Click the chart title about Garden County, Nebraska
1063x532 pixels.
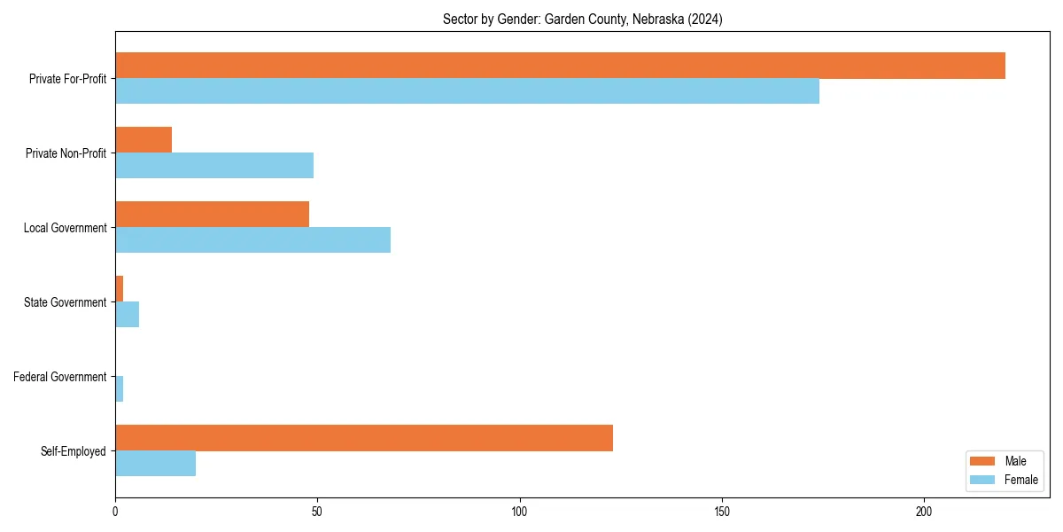click(x=582, y=20)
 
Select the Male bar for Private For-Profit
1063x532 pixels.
click(x=560, y=66)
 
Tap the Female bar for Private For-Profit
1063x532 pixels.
click(x=467, y=91)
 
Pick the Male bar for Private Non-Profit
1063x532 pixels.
click(x=144, y=140)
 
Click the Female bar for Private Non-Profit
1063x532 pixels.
click(x=214, y=166)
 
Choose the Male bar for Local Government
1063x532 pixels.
click(x=212, y=215)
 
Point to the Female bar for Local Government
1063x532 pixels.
click(x=252, y=240)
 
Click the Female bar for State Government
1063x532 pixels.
click(x=127, y=315)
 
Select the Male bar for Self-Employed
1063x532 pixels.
click(x=364, y=438)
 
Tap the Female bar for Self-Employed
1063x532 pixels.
click(x=155, y=464)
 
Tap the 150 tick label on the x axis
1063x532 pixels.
click(x=722, y=512)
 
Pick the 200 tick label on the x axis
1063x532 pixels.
click(x=924, y=512)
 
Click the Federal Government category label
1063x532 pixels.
click(x=60, y=377)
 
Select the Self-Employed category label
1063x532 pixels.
click(x=74, y=451)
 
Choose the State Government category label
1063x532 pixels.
click(x=66, y=302)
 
